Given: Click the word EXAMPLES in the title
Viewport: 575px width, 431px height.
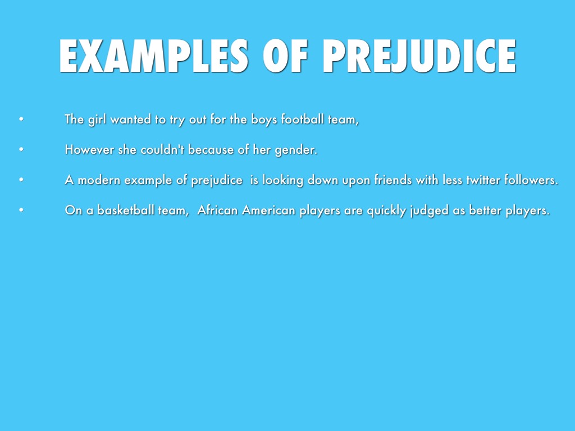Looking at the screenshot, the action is pyautogui.click(x=154, y=56).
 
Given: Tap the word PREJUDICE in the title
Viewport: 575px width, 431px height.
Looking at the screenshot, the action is pyautogui.click(x=419, y=56).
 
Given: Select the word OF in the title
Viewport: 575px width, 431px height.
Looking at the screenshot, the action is pyautogui.click(x=285, y=56).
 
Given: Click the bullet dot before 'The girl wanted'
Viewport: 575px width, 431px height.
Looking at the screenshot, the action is pyautogui.click(x=21, y=119).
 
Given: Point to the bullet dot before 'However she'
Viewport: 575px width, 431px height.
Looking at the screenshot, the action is pyautogui.click(x=21, y=149).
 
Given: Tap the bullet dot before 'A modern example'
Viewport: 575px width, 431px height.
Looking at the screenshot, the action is pyautogui.click(x=21, y=180).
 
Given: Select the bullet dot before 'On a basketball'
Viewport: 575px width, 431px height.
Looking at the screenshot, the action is pyautogui.click(x=21, y=210).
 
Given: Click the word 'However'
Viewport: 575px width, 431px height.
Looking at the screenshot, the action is pyautogui.click(x=89, y=149).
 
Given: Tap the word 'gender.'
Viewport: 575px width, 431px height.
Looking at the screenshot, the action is pyautogui.click(x=296, y=150).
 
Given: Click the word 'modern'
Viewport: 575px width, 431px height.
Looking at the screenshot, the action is pyautogui.click(x=99, y=180).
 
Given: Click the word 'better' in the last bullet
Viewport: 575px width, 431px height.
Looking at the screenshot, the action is pyautogui.click(x=485, y=210).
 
